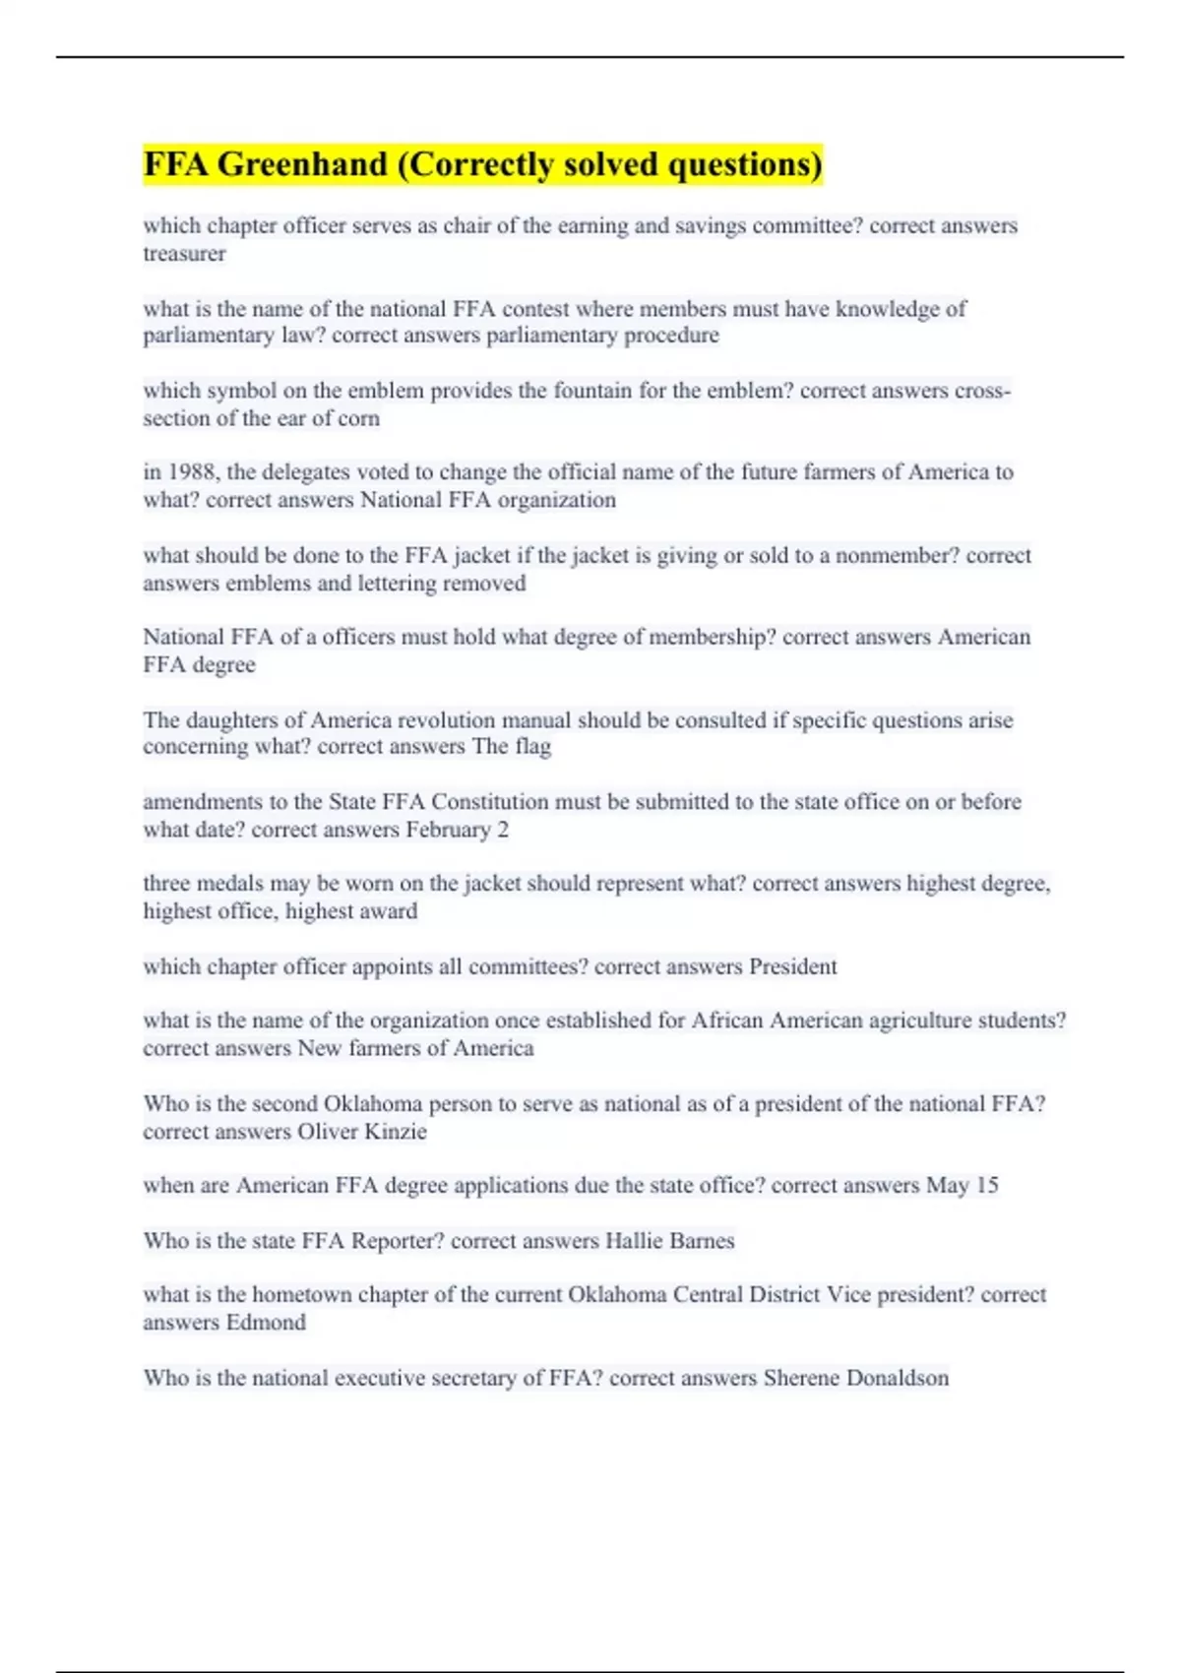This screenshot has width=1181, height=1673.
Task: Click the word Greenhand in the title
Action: tap(302, 164)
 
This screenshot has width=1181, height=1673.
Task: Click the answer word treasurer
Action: tap(184, 254)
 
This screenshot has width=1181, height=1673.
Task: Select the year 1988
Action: tap(194, 472)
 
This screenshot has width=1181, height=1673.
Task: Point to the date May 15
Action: tap(962, 1186)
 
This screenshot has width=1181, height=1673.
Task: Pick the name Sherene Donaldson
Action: tap(855, 1378)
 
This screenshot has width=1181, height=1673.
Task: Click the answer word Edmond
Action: tap(266, 1323)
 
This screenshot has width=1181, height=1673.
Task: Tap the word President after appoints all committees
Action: tap(792, 966)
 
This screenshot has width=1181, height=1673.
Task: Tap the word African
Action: tap(726, 1021)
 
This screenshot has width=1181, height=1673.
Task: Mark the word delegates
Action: tap(303, 472)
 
